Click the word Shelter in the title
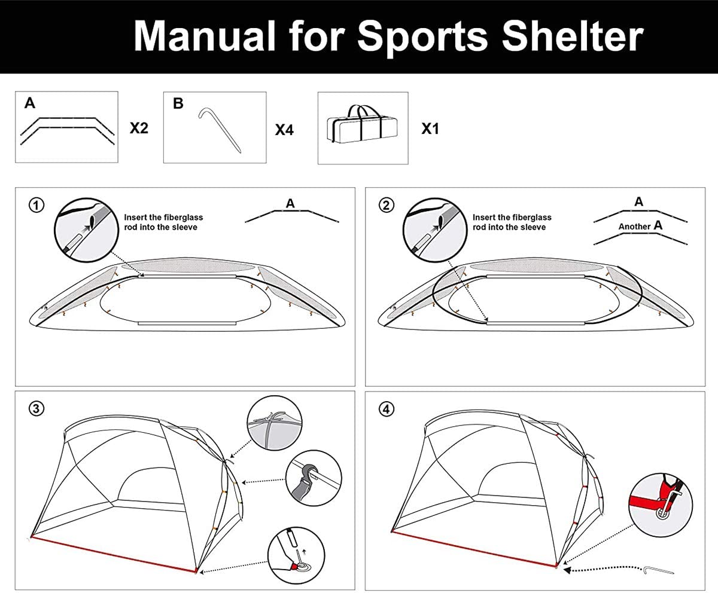click(x=572, y=36)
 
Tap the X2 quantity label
click(x=139, y=128)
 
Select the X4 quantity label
click(x=284, y=129)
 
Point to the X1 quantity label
click(x=430, y=128)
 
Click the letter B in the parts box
click(x=178, y=103)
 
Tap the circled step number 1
click(x=36, y=205)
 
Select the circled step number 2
click(x=387, y=205)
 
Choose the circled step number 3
click(x=36, y=408)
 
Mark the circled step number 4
click(x=387, y=408)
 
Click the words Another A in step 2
click(x=640, y=226)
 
